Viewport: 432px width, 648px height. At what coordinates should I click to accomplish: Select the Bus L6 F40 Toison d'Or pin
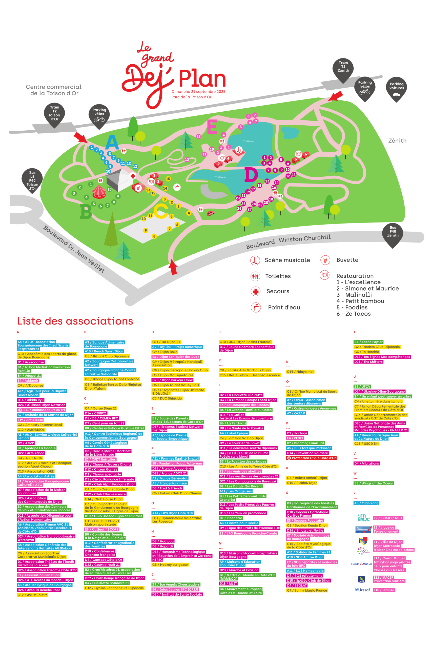point(32,180)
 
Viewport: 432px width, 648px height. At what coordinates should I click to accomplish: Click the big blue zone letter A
point(112,143)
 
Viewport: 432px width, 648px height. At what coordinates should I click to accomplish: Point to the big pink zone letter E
point(212,127)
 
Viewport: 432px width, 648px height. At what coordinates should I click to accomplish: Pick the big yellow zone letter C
point(161,211)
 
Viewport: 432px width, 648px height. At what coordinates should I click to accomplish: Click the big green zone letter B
point(86,212)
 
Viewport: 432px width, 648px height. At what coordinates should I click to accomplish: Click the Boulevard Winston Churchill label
point(288,241)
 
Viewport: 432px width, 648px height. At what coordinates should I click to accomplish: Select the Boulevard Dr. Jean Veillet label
point(74,249)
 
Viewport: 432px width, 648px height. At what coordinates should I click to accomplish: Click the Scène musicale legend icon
point(255,260)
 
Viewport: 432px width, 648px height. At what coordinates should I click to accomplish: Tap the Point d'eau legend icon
point(255,307)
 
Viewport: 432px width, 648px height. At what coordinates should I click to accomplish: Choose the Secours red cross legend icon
point(255,291)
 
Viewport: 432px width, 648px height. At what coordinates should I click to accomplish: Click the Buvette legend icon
point(325,260)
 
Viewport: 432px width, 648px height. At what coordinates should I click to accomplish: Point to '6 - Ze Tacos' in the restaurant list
point(354,314)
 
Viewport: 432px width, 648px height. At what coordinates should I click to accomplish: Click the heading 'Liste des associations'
point(75,321)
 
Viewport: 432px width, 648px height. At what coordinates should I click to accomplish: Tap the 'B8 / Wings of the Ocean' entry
point(374,483)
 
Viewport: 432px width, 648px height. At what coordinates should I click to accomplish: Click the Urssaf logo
point(362,590)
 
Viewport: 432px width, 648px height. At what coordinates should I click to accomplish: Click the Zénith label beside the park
point(397,141)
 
